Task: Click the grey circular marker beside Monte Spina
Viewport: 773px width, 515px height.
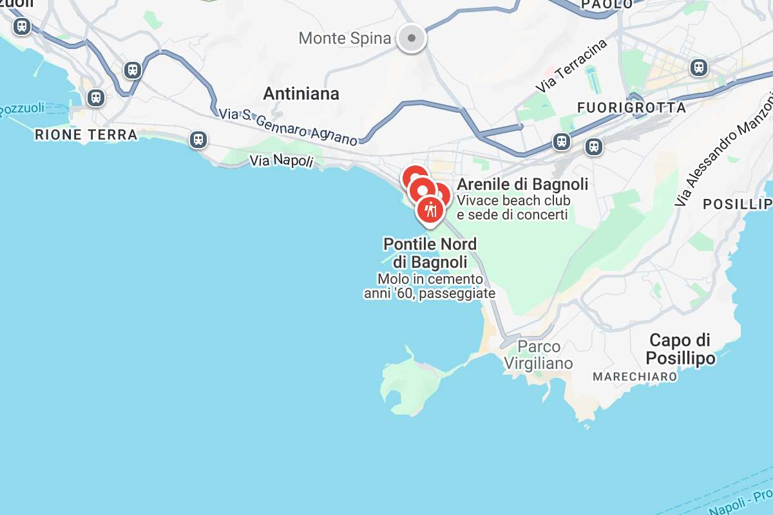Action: (411, 38)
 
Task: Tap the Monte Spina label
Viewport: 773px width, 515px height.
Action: (345, 39)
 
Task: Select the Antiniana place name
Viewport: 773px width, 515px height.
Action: (301, 94)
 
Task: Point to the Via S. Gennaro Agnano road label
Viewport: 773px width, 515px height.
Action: (287, 126)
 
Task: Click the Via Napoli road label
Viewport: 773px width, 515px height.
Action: (282, 160)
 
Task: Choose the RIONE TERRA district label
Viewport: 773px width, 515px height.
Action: (86, 135)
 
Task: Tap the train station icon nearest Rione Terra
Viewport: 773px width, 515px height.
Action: (96, 98)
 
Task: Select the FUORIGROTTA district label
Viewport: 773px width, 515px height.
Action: (632, 108)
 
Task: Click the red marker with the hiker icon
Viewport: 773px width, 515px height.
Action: (430, 210)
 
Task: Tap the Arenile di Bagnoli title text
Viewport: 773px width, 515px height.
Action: (522, 185)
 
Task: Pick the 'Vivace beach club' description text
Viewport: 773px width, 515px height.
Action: (513, 200)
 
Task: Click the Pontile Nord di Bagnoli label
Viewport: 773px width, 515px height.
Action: (430, 253)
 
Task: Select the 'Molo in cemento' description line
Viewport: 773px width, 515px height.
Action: (430, 279)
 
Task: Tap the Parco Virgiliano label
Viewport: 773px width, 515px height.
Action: (538, 355)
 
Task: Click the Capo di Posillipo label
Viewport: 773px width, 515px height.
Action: (680, 349)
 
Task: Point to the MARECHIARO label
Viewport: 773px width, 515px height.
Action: (635, 376)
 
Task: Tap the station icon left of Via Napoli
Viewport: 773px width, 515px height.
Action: (198, 139)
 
